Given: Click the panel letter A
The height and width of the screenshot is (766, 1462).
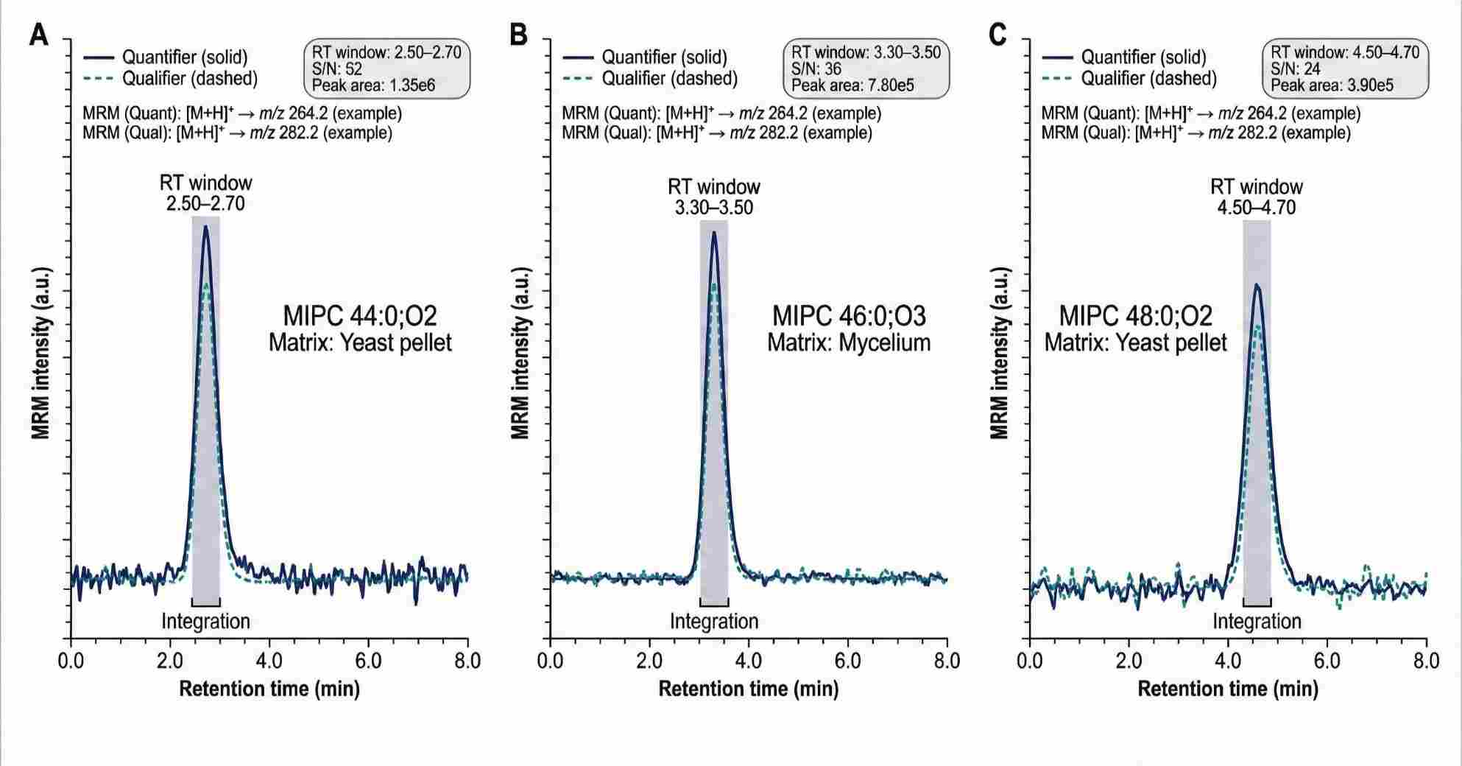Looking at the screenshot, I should point(38,35).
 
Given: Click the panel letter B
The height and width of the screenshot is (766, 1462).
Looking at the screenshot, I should point(519,35).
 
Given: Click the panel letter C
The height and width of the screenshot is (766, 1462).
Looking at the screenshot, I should point(998,35).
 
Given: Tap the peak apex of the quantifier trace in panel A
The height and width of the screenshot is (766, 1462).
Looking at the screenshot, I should point(205,227).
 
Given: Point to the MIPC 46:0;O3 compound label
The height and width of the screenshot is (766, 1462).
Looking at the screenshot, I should point(849,316).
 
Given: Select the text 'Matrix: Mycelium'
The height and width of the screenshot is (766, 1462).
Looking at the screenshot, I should point(849,342).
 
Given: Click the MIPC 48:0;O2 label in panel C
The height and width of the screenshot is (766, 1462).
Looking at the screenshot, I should point(1135,316).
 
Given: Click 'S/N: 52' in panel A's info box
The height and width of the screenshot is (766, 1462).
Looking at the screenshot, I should point(337,69).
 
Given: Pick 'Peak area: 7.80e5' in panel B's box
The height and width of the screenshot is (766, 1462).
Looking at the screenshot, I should point(852,85).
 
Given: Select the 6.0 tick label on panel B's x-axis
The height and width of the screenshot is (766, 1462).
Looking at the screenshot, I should point(848,660).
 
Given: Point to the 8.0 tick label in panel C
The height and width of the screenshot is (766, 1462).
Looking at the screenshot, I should point(1426,660).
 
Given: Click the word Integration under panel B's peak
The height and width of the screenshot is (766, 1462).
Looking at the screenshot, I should point(714,622).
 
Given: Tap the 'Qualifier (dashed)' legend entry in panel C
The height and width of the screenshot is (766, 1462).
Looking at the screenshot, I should point(1148,78).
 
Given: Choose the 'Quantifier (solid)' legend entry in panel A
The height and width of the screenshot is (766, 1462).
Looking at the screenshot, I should point(184,57).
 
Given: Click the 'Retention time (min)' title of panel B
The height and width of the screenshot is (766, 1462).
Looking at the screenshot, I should point(748,689).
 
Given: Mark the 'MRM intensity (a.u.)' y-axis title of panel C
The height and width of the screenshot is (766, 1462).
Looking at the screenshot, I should point(999,354).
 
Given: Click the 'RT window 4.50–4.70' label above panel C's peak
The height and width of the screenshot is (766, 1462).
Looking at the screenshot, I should point(1257,197).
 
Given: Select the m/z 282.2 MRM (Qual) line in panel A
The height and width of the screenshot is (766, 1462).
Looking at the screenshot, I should point(237,133).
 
